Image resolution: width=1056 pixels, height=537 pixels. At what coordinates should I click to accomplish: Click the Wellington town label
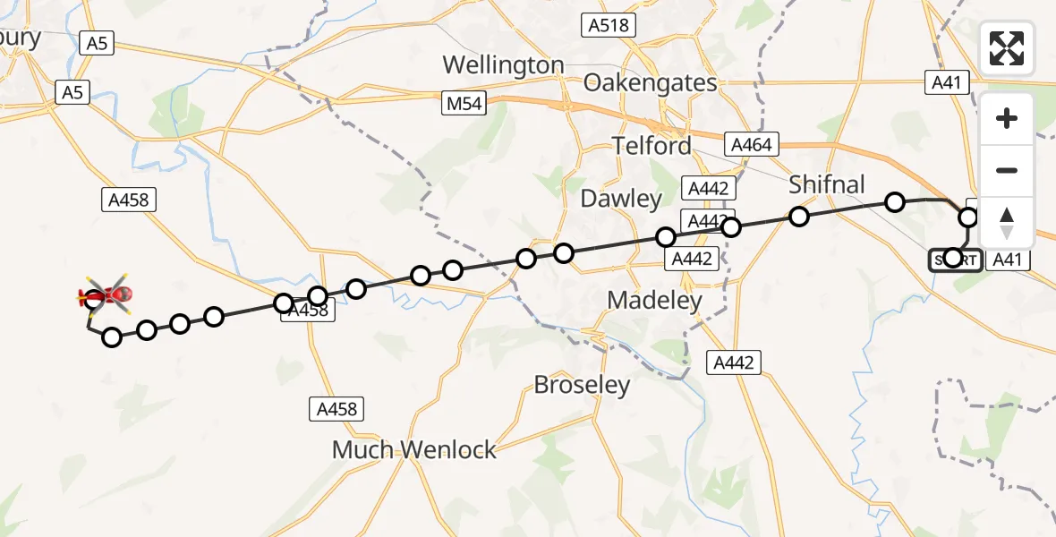point(504,65)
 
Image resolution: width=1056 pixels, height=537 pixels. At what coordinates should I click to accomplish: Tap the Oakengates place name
point(650,83)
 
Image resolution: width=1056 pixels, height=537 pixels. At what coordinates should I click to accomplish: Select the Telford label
point(651,146)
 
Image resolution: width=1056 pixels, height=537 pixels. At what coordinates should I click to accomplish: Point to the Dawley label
point(621,199)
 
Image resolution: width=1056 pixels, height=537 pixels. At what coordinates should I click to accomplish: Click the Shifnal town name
point(826,185)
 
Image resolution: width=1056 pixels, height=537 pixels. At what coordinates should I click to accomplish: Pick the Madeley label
point(654,301)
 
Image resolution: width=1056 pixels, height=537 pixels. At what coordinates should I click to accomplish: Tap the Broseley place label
point(582,385)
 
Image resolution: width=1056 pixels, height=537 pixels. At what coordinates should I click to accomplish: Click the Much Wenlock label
point(413,449)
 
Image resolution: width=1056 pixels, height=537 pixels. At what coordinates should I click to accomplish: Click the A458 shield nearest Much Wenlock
point(337,410)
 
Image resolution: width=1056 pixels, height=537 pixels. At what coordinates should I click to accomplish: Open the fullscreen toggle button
point(1007,48)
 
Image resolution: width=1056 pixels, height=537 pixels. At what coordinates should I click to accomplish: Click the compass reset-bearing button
point(1007,223)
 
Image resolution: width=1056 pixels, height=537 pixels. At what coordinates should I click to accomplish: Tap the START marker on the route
point(953,260)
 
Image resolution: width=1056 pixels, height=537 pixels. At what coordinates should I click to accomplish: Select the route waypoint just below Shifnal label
point(799,217)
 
